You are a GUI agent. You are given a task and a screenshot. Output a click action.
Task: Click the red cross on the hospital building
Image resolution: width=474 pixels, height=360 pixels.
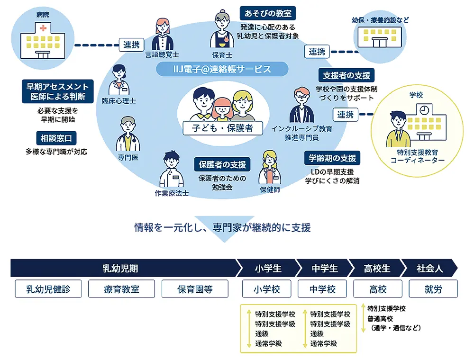coord(43,29)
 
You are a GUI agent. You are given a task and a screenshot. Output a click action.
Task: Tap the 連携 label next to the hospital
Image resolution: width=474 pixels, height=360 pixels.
coord(131,45)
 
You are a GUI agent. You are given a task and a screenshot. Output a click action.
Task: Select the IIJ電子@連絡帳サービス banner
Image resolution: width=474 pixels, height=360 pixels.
coord(222,70)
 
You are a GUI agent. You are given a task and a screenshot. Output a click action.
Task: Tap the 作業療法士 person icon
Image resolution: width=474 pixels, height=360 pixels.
coord(171,171)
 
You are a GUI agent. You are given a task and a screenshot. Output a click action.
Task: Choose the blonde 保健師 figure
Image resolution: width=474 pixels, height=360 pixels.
coord(270,168)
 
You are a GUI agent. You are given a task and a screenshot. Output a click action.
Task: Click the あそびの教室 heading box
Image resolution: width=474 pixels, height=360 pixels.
coord(268,12)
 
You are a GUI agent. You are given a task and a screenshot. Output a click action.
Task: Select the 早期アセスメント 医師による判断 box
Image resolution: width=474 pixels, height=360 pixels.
coord(58,91)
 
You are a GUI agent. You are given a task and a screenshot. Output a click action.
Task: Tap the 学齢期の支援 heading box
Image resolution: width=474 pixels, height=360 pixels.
coord(332,158)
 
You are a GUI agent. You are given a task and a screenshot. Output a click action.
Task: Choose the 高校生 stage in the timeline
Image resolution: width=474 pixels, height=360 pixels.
coord(377,269)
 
